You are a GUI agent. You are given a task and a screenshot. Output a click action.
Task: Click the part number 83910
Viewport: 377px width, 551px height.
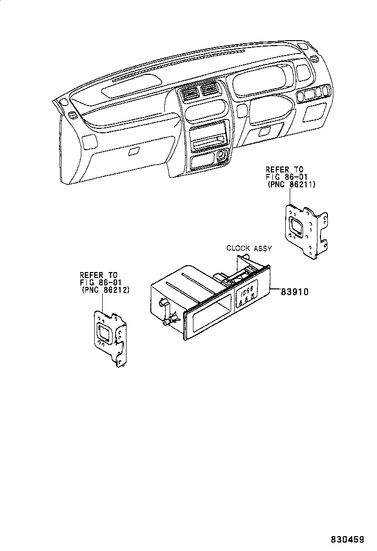point(295,292)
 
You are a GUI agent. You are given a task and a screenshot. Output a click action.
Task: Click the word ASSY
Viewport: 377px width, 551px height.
point(262,248)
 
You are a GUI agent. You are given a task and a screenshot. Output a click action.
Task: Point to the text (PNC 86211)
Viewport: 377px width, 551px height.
point(291,185)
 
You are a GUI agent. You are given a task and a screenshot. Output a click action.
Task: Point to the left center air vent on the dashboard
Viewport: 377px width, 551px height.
point(190,94)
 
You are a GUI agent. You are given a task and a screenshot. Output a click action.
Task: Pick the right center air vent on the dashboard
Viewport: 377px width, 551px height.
point(208,91)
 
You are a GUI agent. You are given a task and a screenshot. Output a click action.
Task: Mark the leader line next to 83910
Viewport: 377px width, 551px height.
point(275,292)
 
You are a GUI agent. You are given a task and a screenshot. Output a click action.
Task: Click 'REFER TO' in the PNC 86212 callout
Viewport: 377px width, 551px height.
point(98,275)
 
